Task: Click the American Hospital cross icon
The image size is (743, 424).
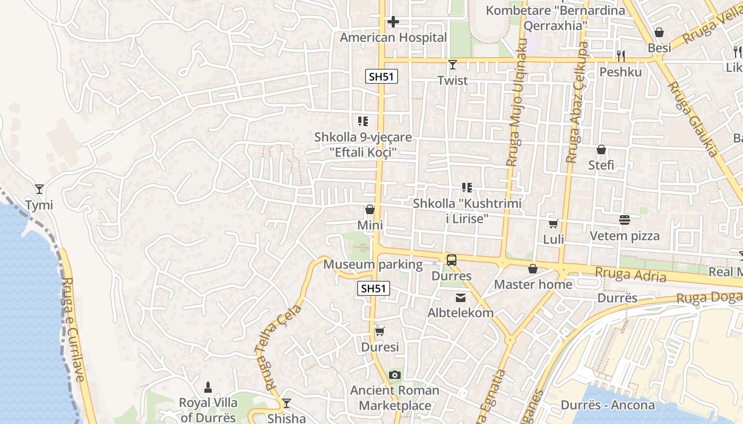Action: (393, 22)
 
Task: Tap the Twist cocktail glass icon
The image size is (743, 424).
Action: (452, 65)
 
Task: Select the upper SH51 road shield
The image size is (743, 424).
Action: (382, 76)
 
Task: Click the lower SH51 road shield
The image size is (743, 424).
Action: (374, 288)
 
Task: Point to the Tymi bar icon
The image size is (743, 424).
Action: (39, 189)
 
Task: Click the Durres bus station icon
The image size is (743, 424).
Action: (451, 260)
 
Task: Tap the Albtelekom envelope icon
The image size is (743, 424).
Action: (460, 298)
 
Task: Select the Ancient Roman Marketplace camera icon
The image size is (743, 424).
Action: (394, 375)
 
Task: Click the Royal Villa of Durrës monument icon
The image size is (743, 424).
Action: (208, 387)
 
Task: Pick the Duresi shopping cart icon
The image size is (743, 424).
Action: (379, 332)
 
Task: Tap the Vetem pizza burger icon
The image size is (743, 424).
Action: (625, 220)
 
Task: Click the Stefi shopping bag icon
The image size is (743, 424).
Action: (601, 149)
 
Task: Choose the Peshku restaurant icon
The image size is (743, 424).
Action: (620, 56)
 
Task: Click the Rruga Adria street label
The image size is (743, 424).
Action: (630, 274)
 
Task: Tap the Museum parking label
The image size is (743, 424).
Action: (373, 264)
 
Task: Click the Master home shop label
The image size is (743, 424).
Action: (533, 285)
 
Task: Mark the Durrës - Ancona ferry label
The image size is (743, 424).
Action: (608, 405)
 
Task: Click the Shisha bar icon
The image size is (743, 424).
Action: (287, 403)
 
